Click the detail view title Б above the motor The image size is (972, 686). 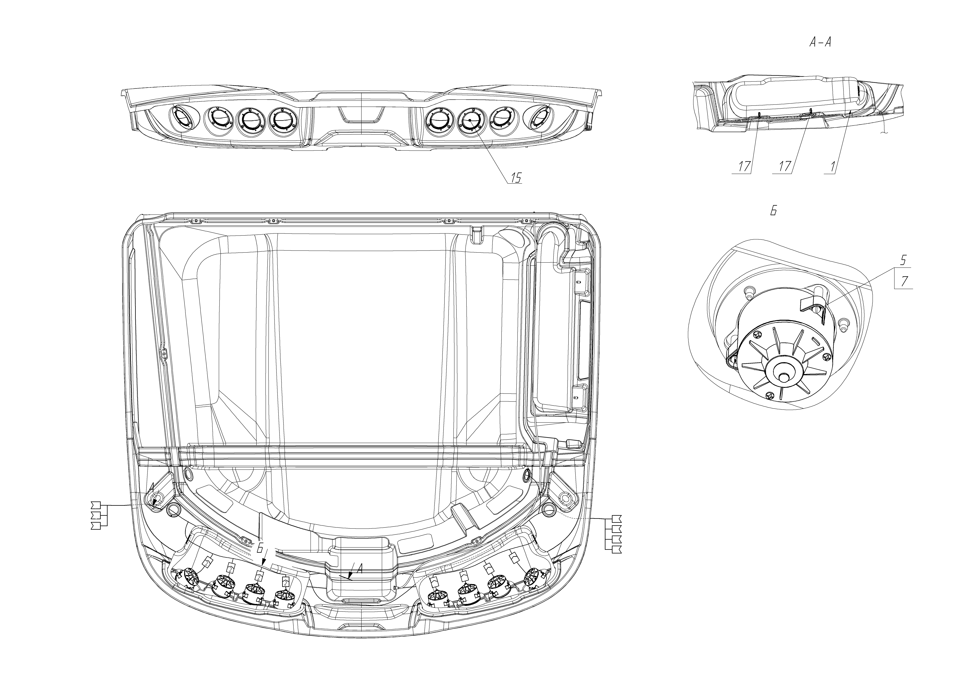(x=773, y=211)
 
